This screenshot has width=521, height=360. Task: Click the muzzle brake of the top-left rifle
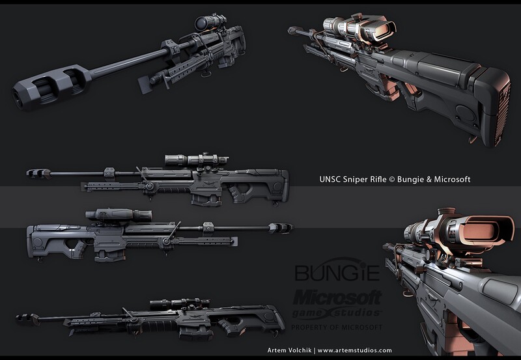(x=46, y=89)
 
